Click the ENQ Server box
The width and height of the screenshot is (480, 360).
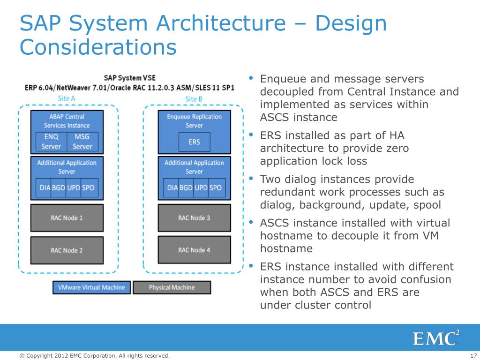pos(51,142)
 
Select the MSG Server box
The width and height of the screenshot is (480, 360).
pos(82,142)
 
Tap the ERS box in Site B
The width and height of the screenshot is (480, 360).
pos(194,142)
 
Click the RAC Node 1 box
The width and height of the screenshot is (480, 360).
pos(67,218)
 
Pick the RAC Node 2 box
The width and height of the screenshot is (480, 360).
pos(67,250)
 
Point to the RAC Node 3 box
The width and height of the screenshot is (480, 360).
pos(194,218)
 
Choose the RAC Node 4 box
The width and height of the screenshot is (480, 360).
pos(194,250)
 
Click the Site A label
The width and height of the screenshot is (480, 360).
pos(67,98)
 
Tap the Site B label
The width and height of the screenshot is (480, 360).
pos(194,99)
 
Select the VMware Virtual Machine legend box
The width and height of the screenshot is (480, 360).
pos(91,287)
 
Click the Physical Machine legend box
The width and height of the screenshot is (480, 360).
pos(172,287)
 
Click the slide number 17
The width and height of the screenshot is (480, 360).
pos(472,356)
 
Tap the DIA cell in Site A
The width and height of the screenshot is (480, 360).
pos(45,187)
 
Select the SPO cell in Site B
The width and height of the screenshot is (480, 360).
pos(216,187)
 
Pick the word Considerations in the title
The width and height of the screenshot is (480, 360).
pos(98,47)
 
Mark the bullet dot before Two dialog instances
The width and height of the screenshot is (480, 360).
pos(251,178)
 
